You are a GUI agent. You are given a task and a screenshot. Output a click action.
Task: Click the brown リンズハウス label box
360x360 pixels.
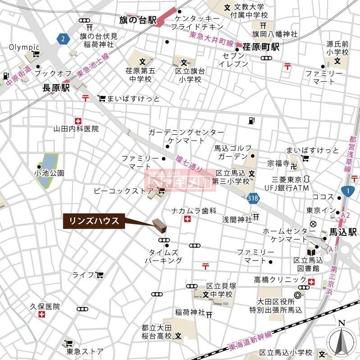[94, 220]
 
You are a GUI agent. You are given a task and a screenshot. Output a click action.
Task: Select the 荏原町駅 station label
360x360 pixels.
[261, 47]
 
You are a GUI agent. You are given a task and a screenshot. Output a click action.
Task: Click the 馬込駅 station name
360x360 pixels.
[343, 232]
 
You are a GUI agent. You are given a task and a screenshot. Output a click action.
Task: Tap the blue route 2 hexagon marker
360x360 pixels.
[64, 39]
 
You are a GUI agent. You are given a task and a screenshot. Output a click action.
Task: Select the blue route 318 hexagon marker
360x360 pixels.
[253, 197]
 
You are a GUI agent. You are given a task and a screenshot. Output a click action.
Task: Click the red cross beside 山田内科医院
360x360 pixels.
[78, 120]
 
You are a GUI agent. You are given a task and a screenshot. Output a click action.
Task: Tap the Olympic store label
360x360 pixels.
[25, 47]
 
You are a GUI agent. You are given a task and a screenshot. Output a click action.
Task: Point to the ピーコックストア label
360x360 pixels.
[123, 191]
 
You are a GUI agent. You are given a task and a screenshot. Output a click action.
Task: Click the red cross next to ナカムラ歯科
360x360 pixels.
[187, 219]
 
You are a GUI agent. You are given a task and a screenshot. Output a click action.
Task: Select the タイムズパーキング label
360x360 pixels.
[163, 256]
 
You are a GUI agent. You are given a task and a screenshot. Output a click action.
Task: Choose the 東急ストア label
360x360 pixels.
[85, 351]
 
